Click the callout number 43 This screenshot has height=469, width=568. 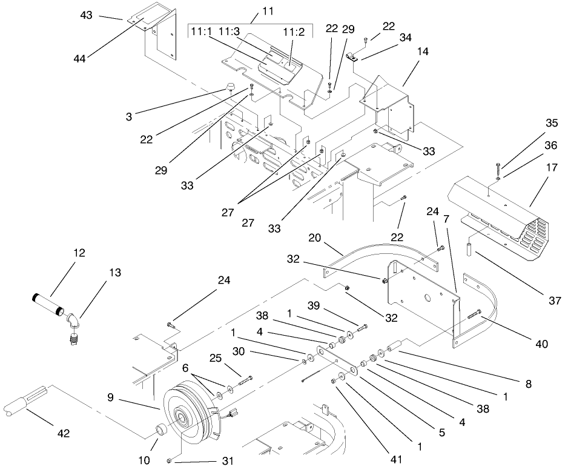[87, 15]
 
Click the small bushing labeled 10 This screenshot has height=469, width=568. [160, 431]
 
